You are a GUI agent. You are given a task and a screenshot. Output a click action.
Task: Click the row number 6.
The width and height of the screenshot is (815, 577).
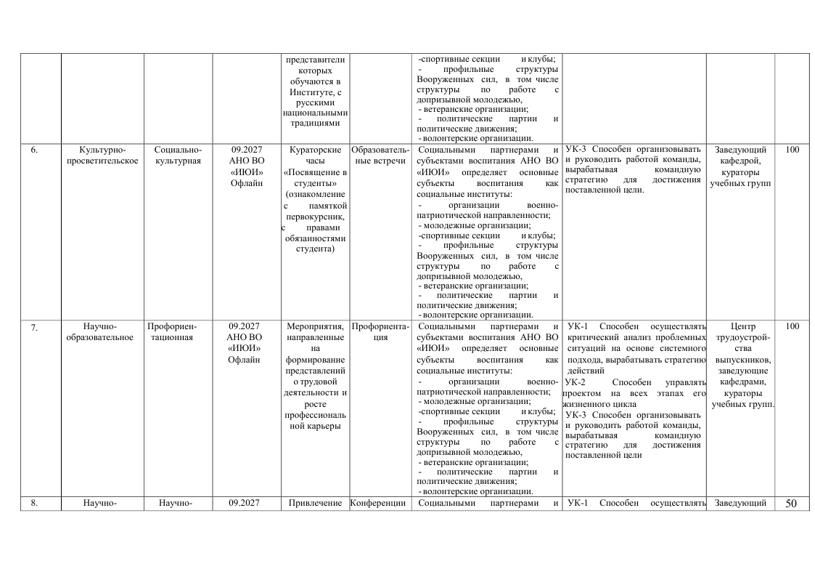click(x=34, y=150)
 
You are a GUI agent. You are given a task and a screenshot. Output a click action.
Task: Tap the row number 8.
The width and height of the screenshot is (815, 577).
click(x=34, y=503)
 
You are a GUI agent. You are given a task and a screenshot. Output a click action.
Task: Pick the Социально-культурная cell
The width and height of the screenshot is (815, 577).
click(x=178, y=156)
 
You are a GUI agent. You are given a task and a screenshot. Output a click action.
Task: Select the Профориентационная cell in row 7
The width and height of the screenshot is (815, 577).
click(x=172, y=332)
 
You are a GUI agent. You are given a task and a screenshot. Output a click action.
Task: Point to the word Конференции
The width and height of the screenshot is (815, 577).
click(x=380, y=503)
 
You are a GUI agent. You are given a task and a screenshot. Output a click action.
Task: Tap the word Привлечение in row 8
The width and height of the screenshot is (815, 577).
click(x=314, y=503)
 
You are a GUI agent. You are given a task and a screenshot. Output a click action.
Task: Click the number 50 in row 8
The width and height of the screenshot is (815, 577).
click(x=792, y=503)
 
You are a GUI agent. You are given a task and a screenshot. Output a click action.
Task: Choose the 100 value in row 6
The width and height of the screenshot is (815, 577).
click(x=792, y=150)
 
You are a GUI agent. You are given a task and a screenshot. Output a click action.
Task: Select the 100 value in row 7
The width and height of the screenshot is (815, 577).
click(x=792, y=327)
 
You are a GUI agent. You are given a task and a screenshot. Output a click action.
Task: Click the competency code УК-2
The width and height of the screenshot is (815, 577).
click(x=575, y=382)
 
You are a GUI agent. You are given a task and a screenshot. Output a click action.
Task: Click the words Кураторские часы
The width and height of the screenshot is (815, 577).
click(x=315, y=156)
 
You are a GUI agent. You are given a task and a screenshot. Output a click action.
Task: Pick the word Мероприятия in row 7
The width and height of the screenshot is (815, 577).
click(x=314, y=327)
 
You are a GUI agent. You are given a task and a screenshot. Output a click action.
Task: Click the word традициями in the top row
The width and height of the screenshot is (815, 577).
click(x=315, y=124)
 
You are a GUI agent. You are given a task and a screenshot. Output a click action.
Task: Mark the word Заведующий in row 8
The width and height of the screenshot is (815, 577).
click(x=741, y=503)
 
